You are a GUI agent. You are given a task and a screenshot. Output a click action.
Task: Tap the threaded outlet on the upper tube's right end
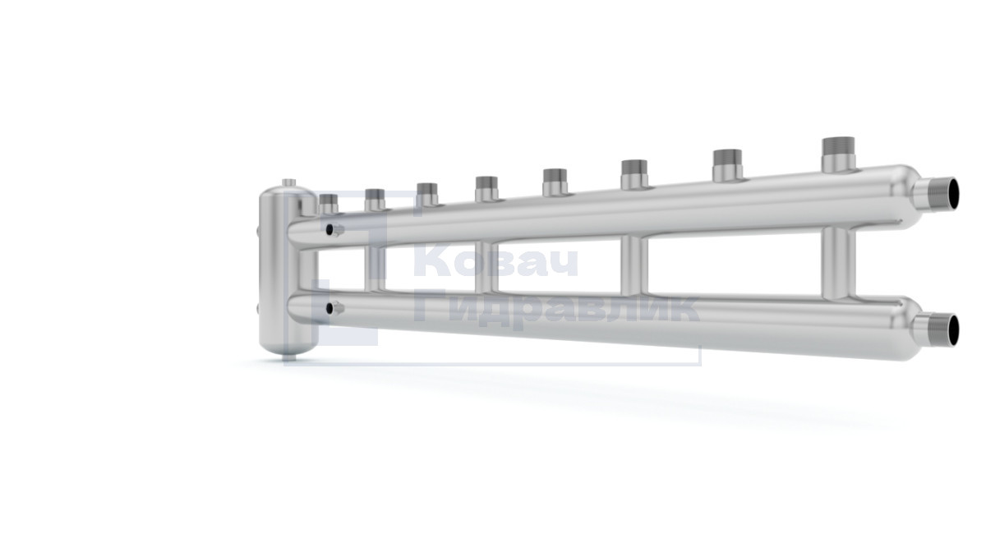point(938,194)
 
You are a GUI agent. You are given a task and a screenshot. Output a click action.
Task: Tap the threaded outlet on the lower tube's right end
point(938,330)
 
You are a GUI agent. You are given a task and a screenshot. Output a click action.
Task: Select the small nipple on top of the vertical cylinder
point(288,182)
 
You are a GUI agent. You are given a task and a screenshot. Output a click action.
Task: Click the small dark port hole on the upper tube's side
point(329,229)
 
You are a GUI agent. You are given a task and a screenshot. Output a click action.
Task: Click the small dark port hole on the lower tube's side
point(329,308)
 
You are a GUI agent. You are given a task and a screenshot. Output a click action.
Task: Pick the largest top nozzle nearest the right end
point(839,154)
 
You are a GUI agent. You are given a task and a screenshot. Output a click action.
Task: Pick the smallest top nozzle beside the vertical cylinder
point(328,204)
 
